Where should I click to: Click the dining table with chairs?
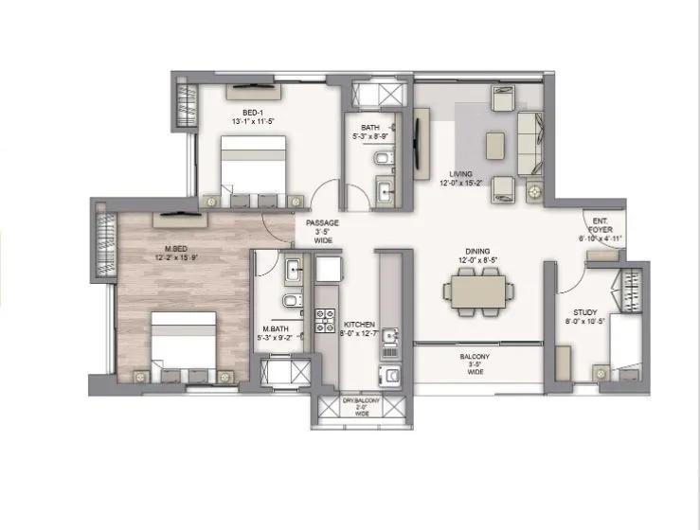click(476, 290)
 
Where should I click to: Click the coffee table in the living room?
click(494, 145)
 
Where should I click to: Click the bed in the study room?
click(625, 346)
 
